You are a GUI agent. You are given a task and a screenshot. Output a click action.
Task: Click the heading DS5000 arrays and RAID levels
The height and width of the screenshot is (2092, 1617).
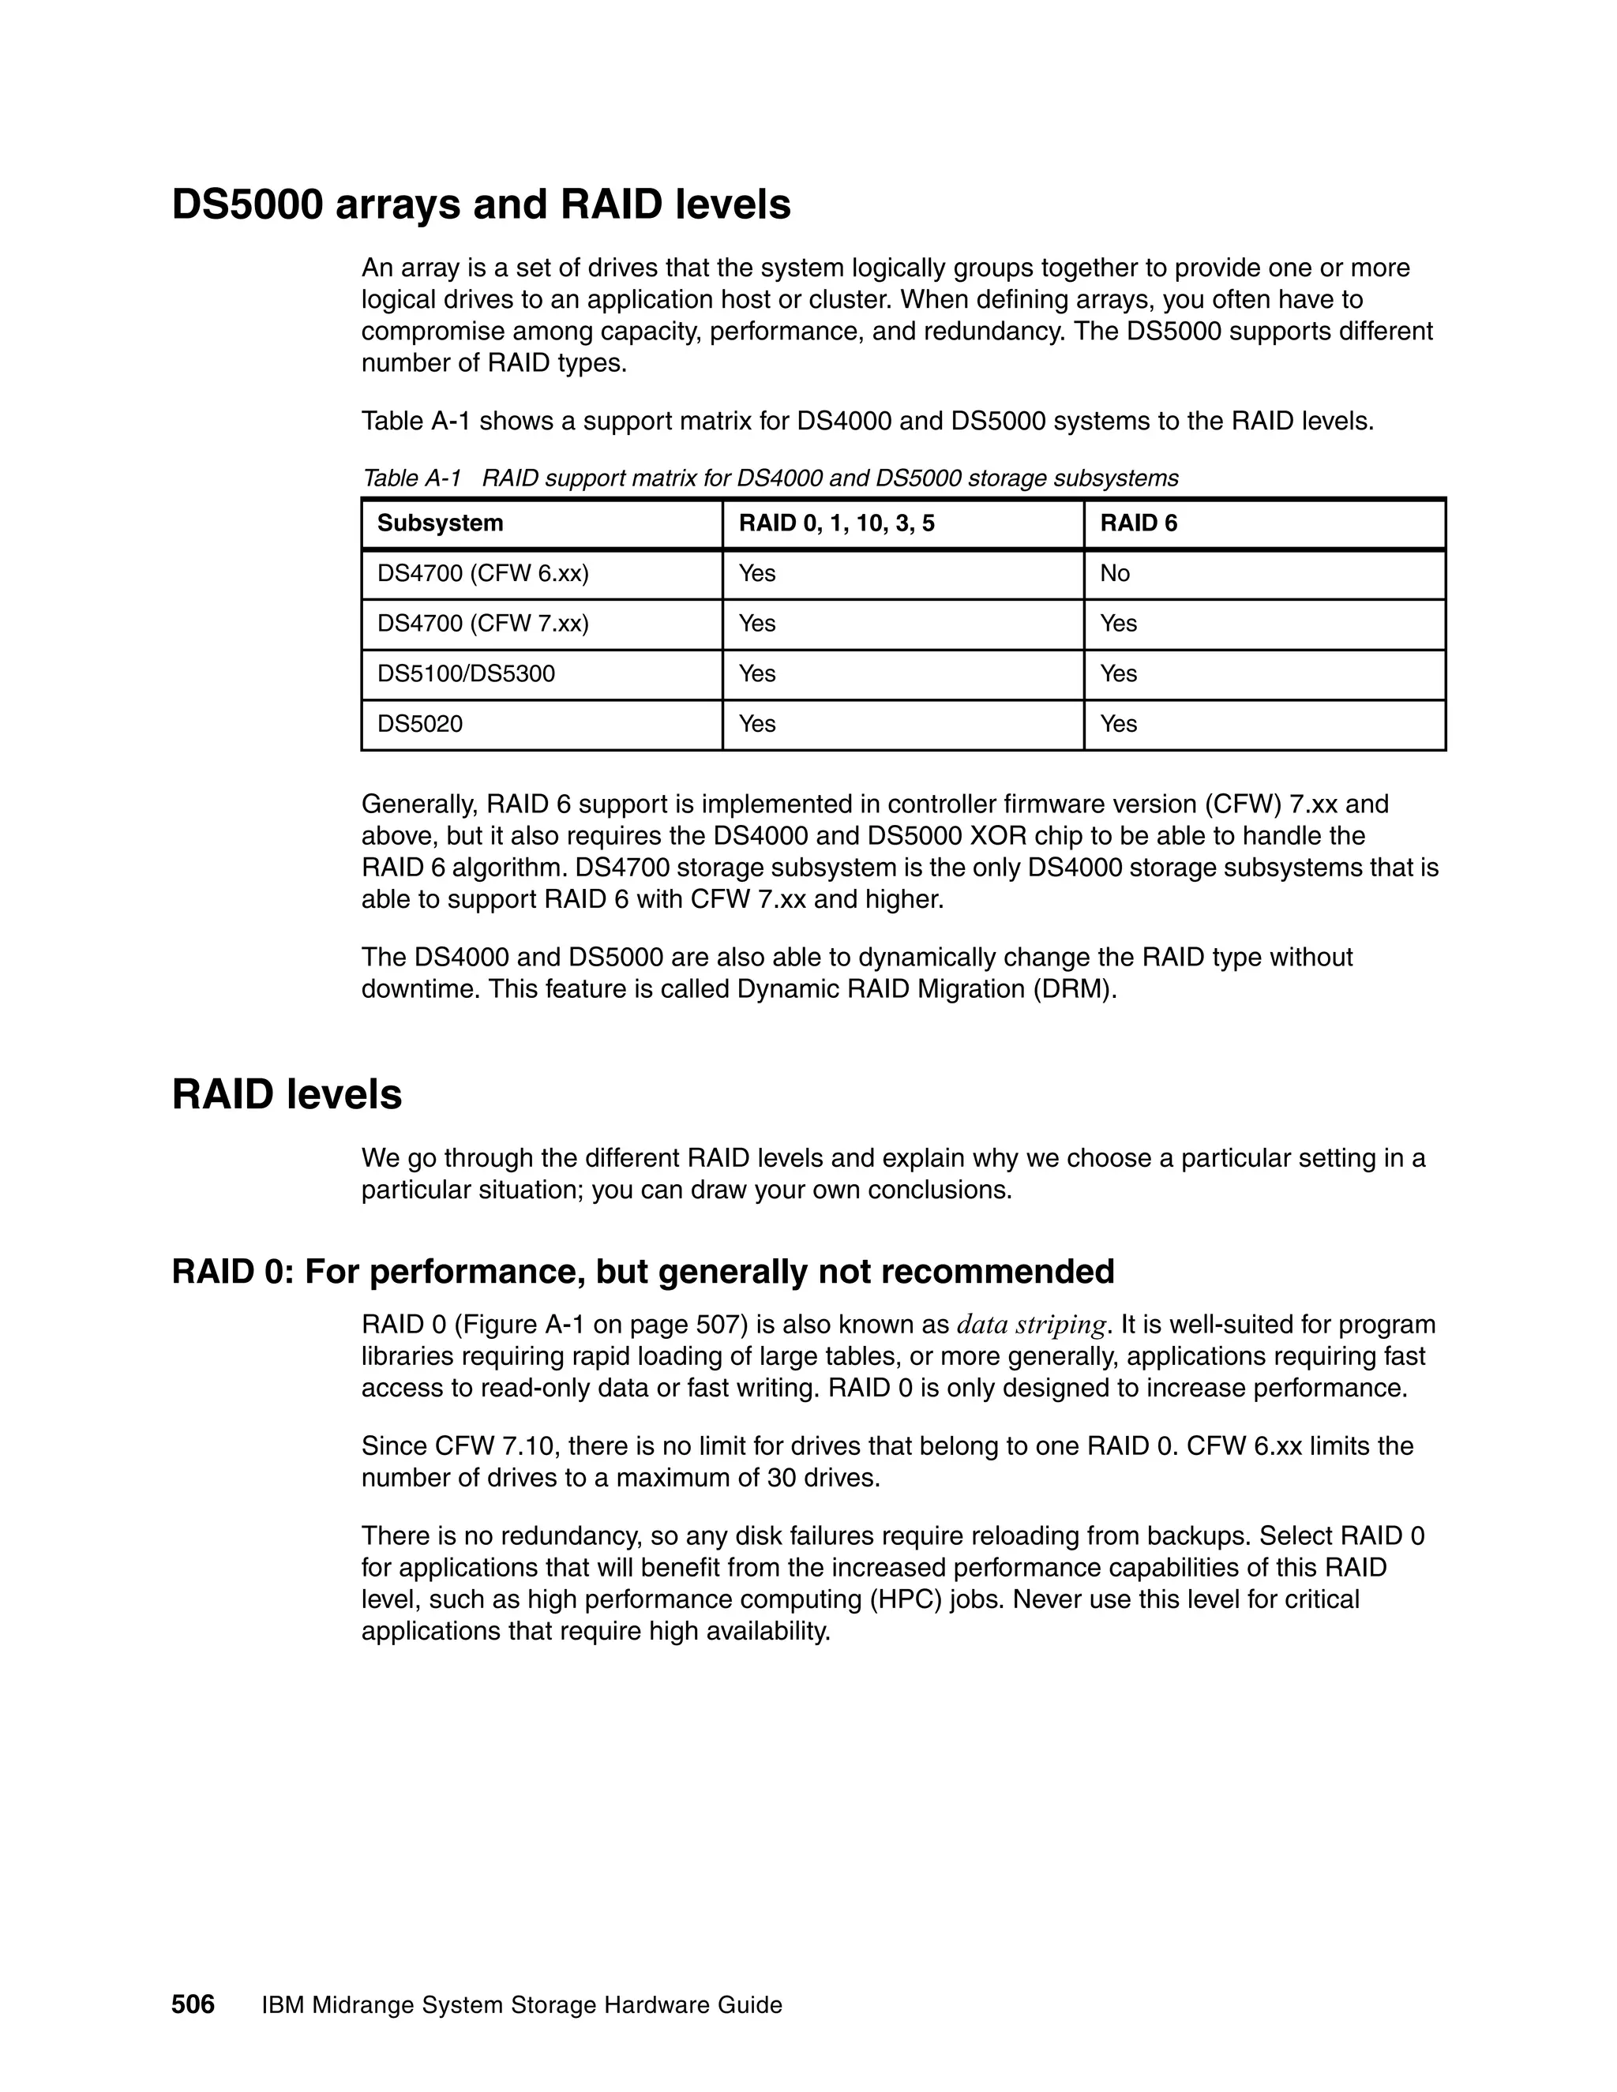click(x=481, y=205)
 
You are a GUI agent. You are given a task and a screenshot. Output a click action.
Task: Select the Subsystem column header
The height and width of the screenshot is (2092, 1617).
click(x=440, y=523)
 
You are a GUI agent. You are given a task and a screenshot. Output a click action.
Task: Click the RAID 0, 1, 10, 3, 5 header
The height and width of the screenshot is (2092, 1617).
click(x=835, y=523)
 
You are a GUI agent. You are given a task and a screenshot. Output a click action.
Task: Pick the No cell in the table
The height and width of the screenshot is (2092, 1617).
click(x=1114, y=574)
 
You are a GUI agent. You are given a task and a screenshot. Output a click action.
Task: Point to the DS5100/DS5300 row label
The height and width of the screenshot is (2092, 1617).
click(x=466, y=673)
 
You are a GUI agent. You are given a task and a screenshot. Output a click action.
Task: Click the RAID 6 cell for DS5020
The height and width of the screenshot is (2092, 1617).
click(x=1118, y=724)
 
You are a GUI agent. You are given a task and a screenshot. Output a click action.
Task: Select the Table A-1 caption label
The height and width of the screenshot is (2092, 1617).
click(x=412, y=478)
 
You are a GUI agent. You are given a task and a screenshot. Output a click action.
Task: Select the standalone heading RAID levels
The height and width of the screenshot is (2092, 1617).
click(x=287, y=1095)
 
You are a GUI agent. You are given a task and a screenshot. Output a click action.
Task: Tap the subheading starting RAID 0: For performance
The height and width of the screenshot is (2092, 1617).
click(x=643, y=1271)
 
